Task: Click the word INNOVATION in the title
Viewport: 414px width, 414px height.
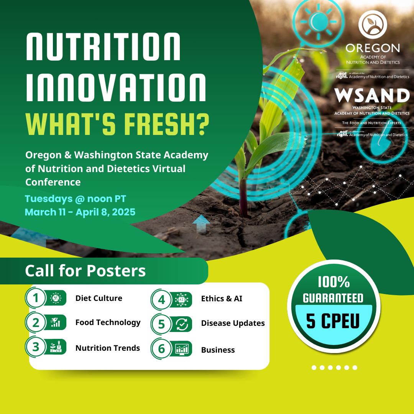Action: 116,88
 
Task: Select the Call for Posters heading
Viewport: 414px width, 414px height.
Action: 85,271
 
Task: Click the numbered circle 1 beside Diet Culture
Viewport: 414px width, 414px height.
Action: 36,298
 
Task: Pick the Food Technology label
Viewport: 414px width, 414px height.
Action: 108,322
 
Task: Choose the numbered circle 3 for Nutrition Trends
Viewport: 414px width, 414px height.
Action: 36,347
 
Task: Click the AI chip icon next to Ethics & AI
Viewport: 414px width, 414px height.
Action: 181,300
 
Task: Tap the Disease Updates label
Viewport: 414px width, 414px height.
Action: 233,323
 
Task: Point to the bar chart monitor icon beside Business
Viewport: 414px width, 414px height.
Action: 182,349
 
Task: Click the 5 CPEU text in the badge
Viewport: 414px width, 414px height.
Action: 333,321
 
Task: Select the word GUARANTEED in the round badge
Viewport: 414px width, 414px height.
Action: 333,298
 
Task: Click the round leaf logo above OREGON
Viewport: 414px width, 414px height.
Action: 373,25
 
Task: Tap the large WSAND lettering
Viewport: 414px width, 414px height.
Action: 372,95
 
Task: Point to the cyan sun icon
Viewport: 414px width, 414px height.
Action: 319,21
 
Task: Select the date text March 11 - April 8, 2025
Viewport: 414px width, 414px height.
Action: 80,212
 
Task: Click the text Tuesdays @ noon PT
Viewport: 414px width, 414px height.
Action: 76,199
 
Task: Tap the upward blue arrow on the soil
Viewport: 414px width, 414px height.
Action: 201,223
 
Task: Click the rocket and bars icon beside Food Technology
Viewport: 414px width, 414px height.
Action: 56,322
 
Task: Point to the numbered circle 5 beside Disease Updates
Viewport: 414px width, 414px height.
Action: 161,324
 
